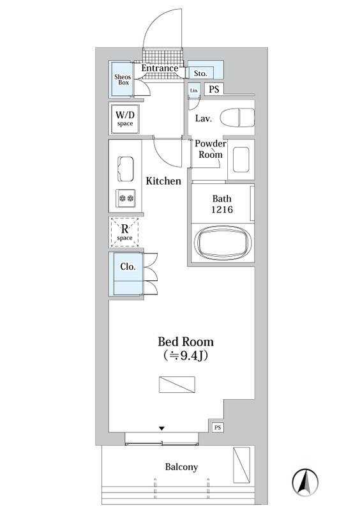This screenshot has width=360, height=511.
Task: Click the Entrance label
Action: point(160,68)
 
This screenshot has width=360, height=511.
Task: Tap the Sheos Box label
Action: point(123,80)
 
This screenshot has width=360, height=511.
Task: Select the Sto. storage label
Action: point(200,73)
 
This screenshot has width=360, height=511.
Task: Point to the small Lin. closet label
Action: point(194,90)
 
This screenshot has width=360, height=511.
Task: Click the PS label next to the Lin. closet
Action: point(214,89)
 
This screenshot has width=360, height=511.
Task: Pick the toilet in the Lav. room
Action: point(237,118)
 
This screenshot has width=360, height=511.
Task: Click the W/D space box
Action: point(125,119)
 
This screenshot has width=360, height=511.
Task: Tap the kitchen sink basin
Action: point(126,169)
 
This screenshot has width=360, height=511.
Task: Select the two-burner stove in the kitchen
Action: point(126,198)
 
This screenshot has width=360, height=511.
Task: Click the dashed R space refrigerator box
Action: point(124,232)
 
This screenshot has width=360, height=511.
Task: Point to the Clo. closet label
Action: point(128,266)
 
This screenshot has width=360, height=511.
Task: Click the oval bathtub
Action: point(223,242)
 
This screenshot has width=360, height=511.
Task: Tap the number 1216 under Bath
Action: point(222,210)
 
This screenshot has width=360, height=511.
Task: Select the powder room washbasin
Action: point(241,159)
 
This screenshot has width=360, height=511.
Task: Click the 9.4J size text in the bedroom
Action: point(186,355)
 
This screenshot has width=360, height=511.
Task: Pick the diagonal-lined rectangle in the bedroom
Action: point(177,385)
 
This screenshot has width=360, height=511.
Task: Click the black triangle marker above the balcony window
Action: point(161,428)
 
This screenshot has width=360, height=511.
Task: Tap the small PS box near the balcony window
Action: point(218,427)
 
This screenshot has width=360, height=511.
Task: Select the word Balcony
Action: point(181,467)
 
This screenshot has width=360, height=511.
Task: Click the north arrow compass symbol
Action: point(305,482)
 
